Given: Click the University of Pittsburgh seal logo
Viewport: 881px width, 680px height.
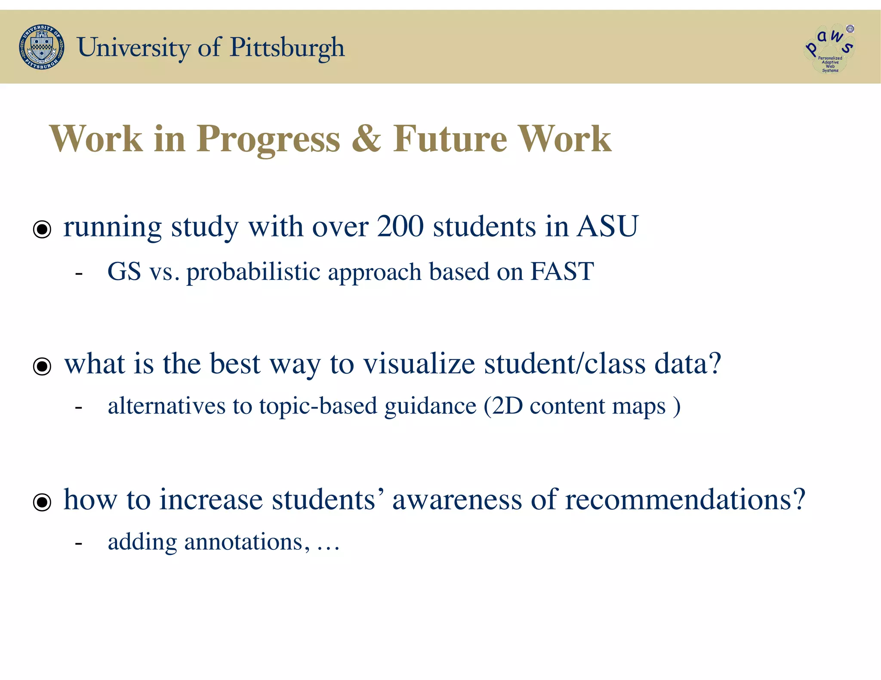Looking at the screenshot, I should [42, 47].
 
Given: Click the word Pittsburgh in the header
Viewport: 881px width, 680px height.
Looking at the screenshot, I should [287, 48].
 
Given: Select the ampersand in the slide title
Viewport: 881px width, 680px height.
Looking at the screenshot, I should [366, 138].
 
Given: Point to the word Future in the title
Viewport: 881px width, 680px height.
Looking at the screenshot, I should [450, 138].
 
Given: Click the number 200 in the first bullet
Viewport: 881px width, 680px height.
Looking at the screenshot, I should [400, 226].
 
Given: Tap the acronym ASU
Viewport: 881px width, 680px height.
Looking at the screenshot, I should [607, 226].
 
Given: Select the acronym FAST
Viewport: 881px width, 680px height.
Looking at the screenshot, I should [562, 272].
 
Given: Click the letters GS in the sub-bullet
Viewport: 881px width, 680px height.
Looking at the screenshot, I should [124, 272].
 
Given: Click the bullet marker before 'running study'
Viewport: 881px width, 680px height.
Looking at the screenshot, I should [42, 229].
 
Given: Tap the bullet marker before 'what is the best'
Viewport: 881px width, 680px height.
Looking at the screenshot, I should [42, 366].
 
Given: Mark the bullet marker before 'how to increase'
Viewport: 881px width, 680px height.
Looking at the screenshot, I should [42, 502].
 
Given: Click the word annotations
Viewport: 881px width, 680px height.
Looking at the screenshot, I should [243, 542].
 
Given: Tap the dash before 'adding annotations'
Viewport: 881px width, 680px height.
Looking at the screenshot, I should [78, 543].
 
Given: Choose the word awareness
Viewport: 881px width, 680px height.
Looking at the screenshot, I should [457, 499].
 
